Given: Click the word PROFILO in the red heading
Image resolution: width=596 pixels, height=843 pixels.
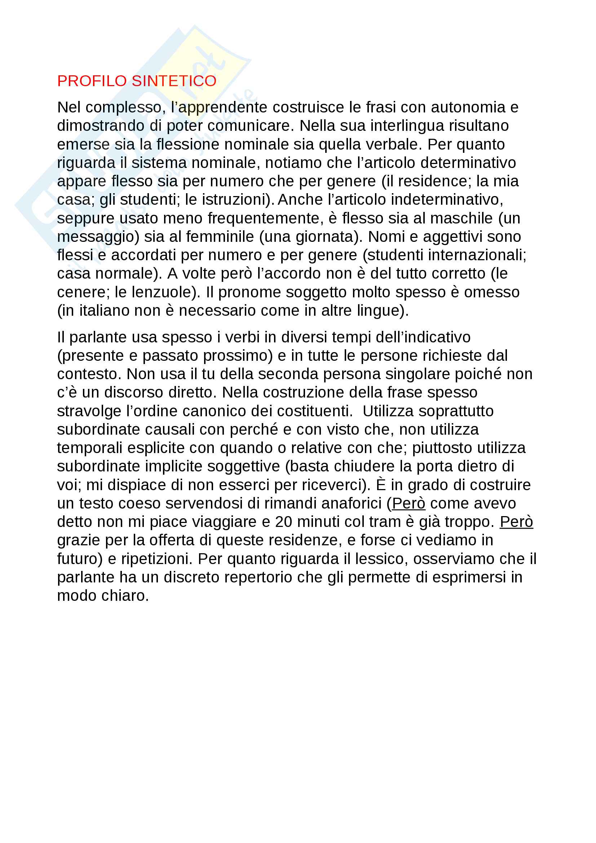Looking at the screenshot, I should [92, 81].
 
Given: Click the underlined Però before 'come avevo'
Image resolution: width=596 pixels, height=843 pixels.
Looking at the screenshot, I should [409, 503].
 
